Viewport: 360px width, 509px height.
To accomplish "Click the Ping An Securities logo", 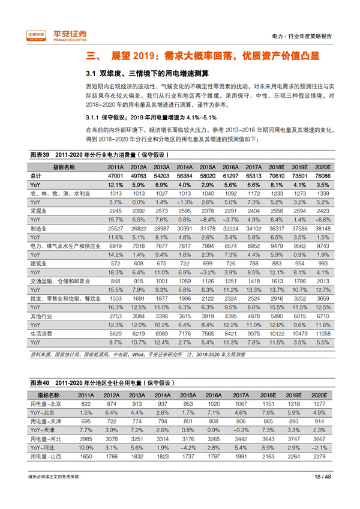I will pyautogui.click(x=57, y=35).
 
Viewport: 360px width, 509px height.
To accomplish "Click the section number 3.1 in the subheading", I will pyautogui.click(x=91, y=74).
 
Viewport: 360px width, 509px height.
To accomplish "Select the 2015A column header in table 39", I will pyautogui.click(x=208, y=166).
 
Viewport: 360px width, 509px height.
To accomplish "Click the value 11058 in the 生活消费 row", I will pyautogui.click(x=322, y=333).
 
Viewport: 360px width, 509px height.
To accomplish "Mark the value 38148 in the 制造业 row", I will pyautogui.click(x=322, y=229).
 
